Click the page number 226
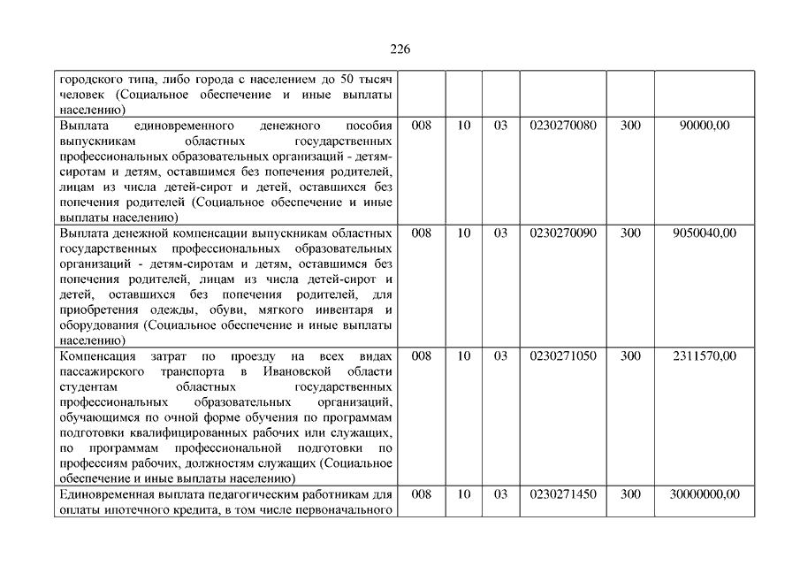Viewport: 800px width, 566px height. pyautogui.click(x=400, y=49)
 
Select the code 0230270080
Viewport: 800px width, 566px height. pyautogui.click(x=563, y=126)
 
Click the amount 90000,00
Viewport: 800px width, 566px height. pyautogui.click(x=705, y=126)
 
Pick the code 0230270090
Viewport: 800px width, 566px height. pyautogui.click(x=563, y=233)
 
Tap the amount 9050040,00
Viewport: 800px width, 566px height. pyautogui.click(x=705, y=233)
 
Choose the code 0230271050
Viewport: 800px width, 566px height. pyautogui.click(x=563, y=356)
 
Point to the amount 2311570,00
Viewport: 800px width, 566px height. pyautogui.click(x=705, y=356)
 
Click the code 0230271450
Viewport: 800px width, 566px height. pyautogui.click(x=563, y=494)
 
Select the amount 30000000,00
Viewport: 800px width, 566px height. pyautogui.click(x=705, y=494)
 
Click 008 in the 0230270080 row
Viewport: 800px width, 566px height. pyautogui.click(x=423, y=126)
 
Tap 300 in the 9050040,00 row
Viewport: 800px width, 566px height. pyautogui.click(x=630, y=233)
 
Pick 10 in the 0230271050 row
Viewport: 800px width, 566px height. pyautogui.click(x=464, y=356)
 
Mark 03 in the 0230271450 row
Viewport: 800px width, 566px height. pyautogui.click(x=500, y=494)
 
